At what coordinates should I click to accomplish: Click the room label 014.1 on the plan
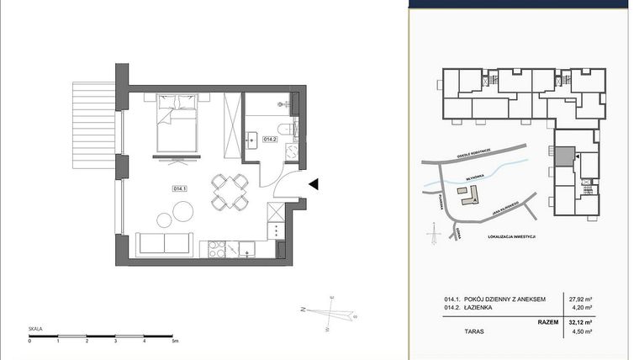click(x=179, y=188)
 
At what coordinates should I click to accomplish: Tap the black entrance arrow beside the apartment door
click(x=314, y=184)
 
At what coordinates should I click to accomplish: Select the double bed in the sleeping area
click(x=178, y=124)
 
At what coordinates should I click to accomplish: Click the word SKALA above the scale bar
click(x=35, y=329)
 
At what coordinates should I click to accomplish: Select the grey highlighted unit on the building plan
click(x=563, y=156)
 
